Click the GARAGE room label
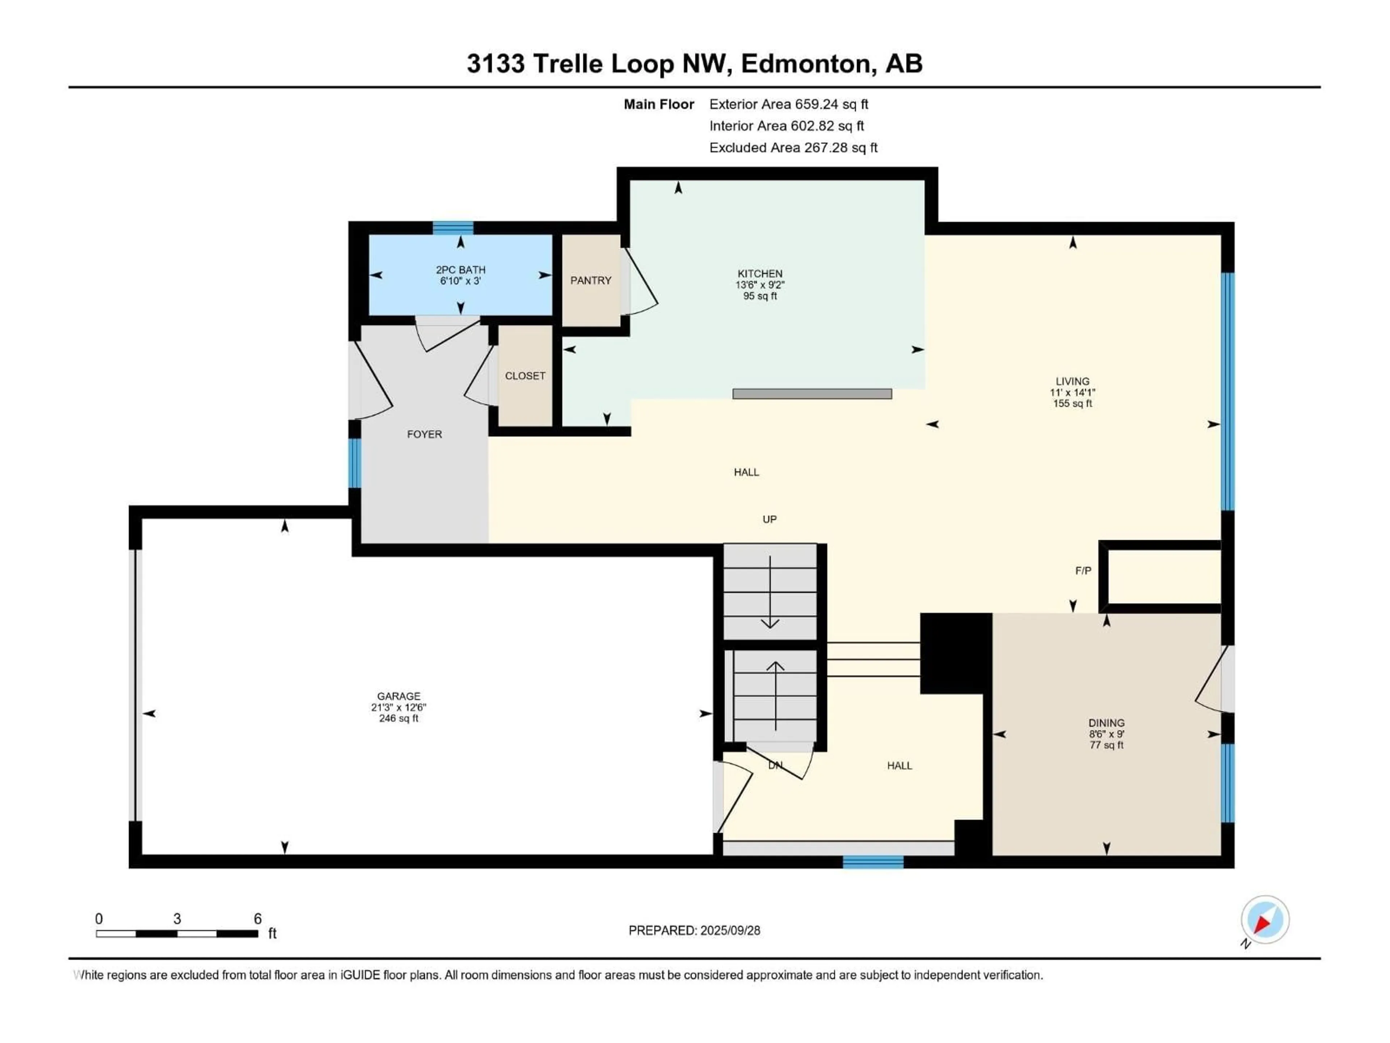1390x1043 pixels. click(x=399, y=696)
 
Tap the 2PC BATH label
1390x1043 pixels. click(x=460, y=270)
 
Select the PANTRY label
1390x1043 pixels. click(x=591, y=280)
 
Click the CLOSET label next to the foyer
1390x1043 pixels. click(x=525, y=376)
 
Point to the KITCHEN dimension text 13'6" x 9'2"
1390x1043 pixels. click(x=760, y=285)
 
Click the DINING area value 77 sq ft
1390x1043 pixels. click(x=1107, y=745)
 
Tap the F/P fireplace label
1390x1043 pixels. click(x=1083, y=571)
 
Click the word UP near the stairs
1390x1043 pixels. click(x=769, y=519)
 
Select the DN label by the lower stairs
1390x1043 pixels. click(x=775, y=766)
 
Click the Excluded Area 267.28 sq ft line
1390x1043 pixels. click(x=793, y=148)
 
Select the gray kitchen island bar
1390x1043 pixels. click(x=812, y=394)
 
